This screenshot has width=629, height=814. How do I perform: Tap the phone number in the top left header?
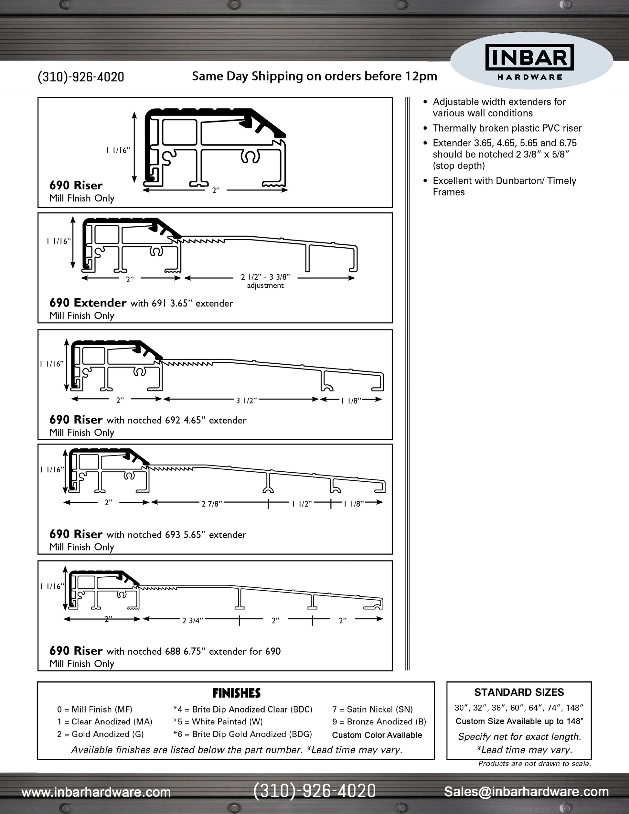(x=81, y=77)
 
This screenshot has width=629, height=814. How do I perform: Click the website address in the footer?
(x=96, y=792)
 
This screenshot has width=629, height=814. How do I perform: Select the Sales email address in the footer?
(x=526, y=791)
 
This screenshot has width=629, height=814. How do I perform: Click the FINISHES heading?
(x=236, y=693)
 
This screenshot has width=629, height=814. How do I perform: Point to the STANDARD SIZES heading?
(x=519, y=692)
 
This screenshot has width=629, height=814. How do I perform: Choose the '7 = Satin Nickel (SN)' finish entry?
(x=372, y=710)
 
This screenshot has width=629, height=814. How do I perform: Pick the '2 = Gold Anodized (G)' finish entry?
(x=100, y=734)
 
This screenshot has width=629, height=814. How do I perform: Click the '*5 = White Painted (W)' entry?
(x=218, y=722)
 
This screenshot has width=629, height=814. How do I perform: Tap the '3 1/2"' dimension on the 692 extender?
(x=246, y=401)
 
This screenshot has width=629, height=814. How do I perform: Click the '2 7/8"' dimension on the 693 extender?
(x=212, y=504)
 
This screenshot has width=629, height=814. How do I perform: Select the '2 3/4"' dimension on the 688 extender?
(x=193, y=621)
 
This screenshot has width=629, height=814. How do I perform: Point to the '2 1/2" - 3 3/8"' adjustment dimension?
(x=265, y=277)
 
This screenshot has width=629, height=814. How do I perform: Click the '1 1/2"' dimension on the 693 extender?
(x=302, y=504)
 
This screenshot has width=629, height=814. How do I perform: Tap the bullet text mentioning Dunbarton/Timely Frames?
(x=504, y=186)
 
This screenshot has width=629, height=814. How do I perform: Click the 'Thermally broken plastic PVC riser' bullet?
(x=507, y=128)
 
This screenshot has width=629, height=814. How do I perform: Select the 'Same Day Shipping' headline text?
(x=314, y=76)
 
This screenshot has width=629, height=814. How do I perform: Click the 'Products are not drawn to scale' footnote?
(x=534, y=764)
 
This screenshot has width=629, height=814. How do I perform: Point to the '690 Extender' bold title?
(x=88, y=303)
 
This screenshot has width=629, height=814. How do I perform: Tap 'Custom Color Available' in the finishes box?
(x=377, y=735)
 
